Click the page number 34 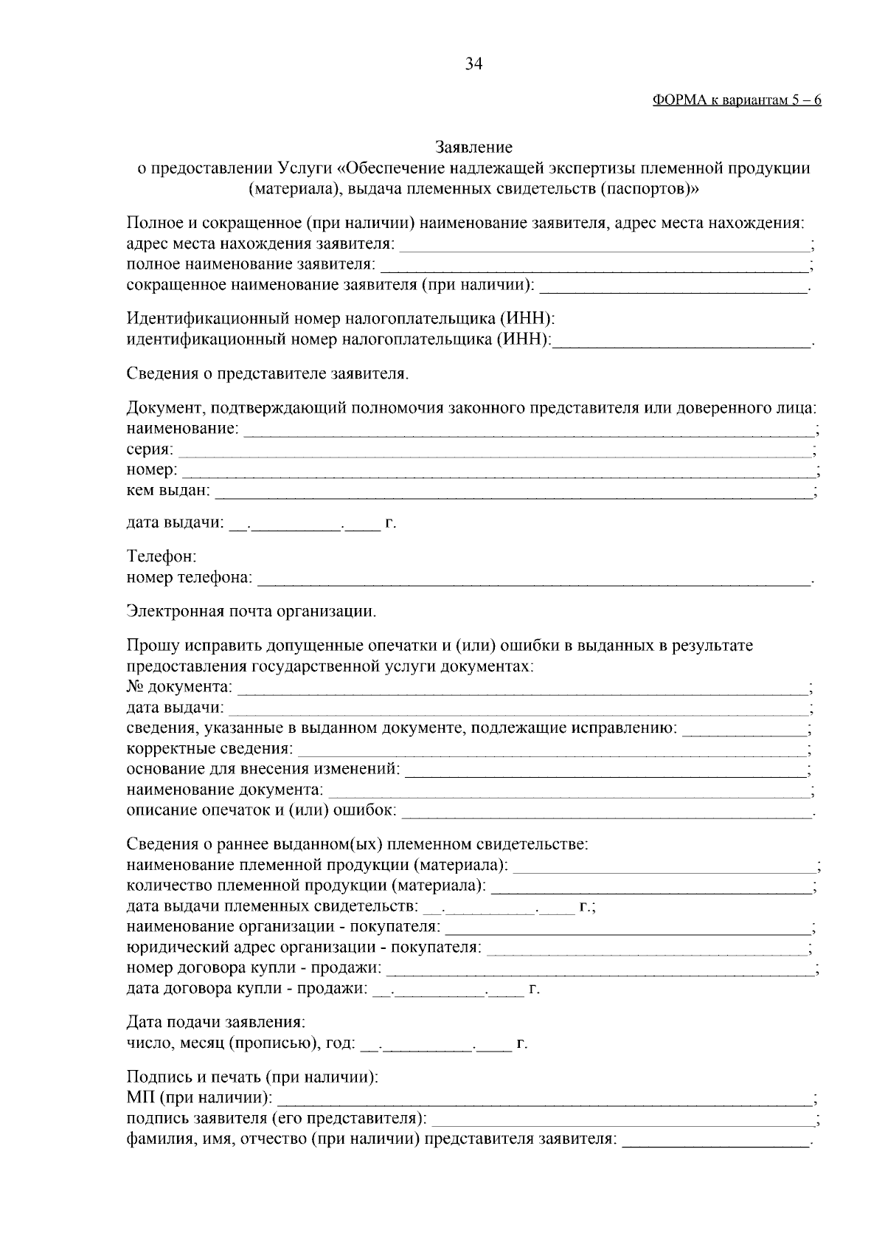(473, 64)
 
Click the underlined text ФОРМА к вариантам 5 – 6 (737, 101)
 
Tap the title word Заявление (473, 148)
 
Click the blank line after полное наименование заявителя (594, 265)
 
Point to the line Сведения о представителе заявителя (267, 373)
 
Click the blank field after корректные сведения (551, 750)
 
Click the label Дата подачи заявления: (215, 1023)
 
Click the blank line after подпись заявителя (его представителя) (621, 1119)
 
